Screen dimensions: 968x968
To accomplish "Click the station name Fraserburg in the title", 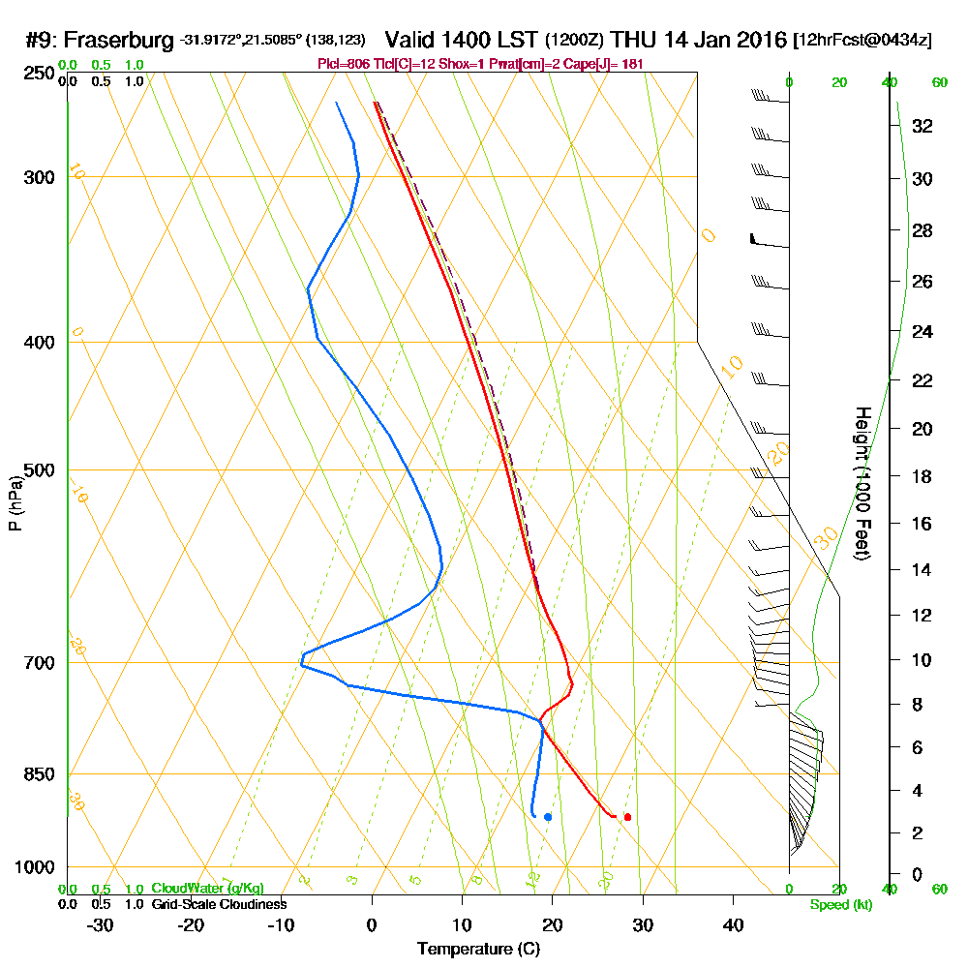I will (x=120, y=41).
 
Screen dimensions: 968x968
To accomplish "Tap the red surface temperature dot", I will (x=627, y=817).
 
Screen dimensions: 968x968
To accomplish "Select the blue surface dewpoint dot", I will (x=548, y=817).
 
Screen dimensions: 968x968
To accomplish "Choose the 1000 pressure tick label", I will (x=34, y=867).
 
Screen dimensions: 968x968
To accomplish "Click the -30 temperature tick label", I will (x=100, y=925).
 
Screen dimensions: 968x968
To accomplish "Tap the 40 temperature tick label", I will (x=733, y=925).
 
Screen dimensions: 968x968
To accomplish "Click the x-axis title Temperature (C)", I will (x=478, y=949).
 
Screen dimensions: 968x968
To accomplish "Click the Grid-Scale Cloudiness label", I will (x=219, y=904).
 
